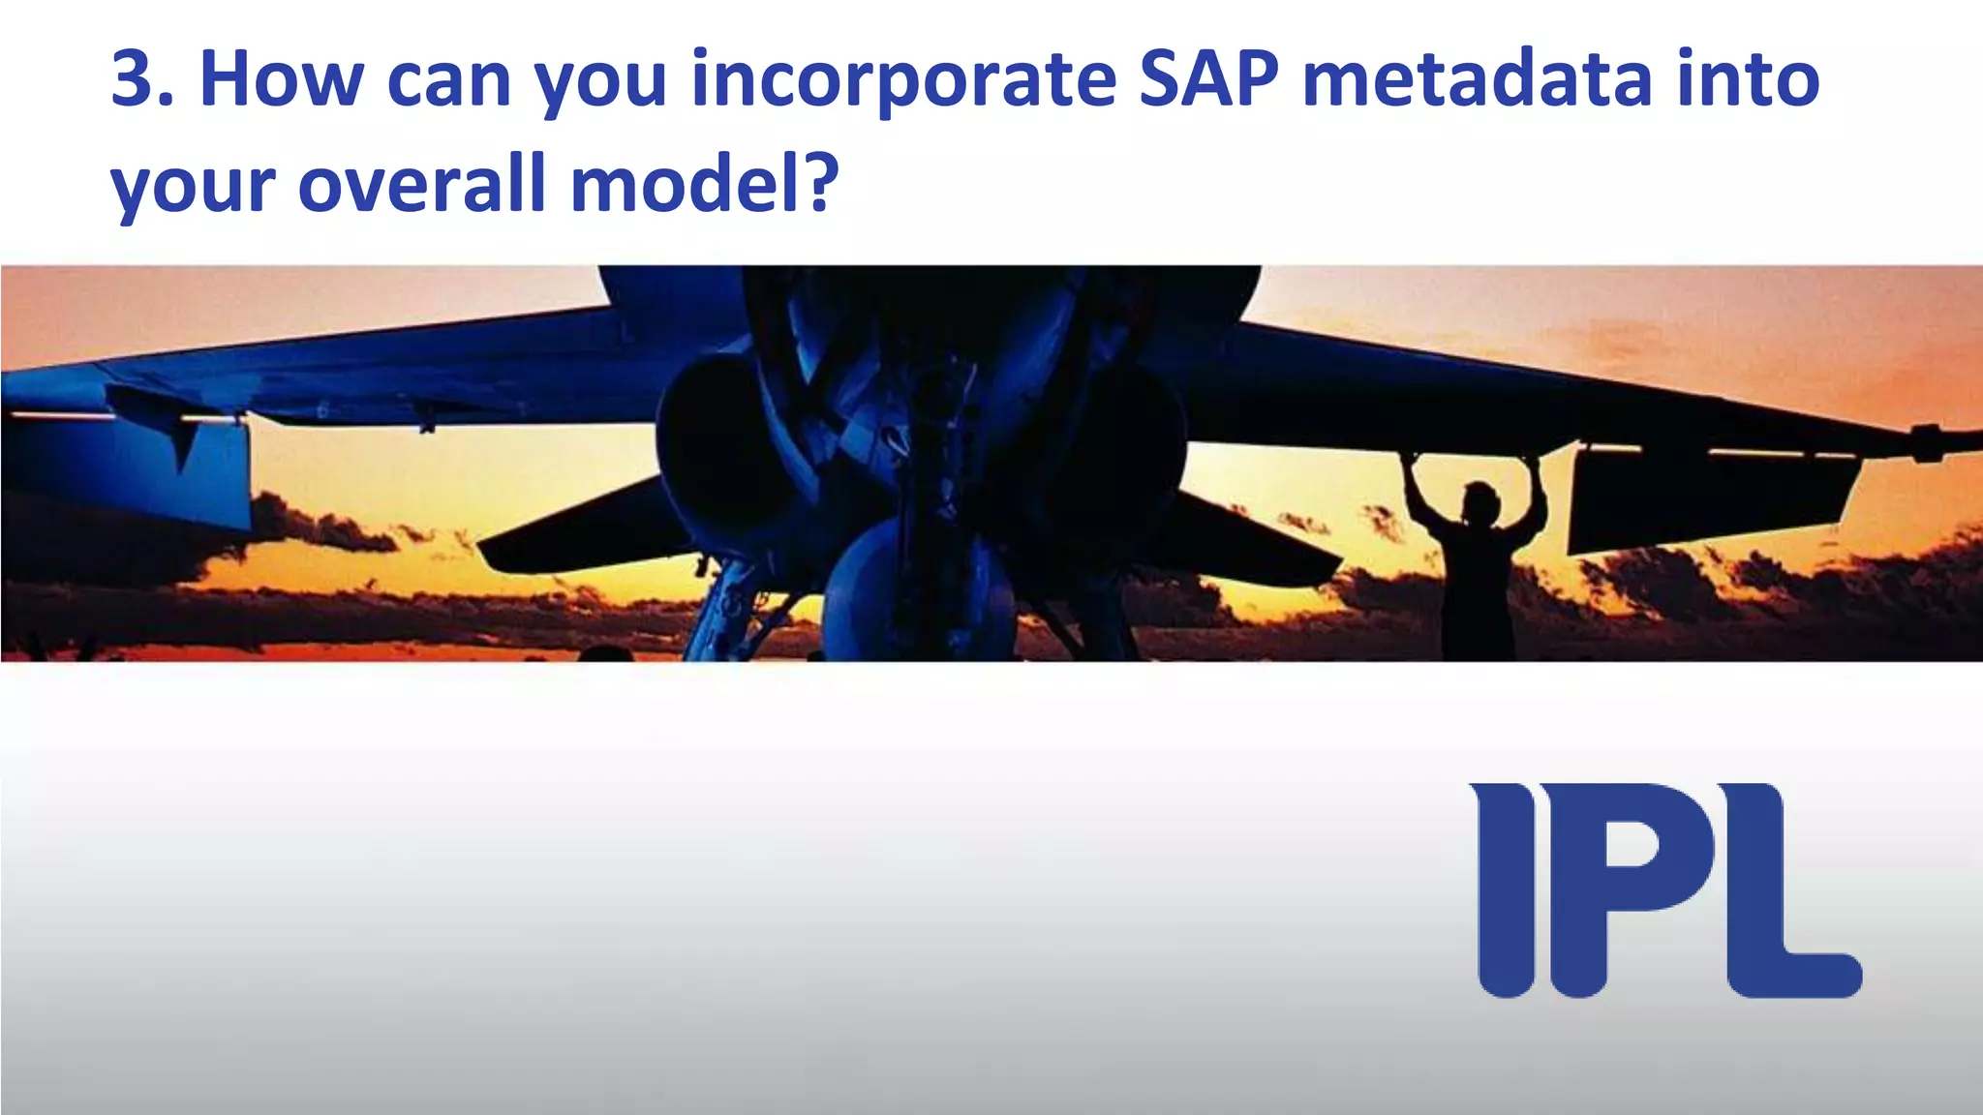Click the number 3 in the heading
[x=133, y=79]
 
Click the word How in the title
[x=280, y=79]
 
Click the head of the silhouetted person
[x=1479, y=501]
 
